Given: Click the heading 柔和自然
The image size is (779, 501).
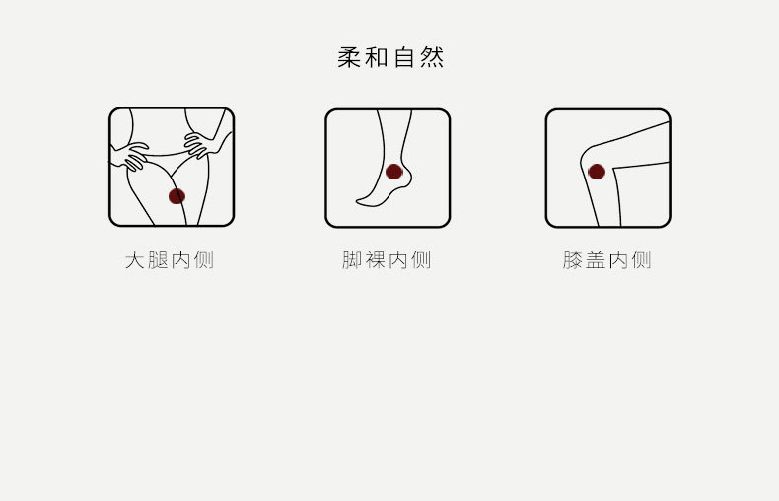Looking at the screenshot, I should [390, 57].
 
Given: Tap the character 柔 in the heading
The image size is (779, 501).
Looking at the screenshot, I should [350, 57].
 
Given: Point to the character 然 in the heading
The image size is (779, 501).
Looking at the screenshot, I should [432, 57].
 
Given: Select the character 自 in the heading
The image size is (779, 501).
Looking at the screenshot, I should [404, 57].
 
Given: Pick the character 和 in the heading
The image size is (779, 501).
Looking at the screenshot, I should [377, 57].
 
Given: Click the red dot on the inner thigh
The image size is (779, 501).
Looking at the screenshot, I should [177, 196].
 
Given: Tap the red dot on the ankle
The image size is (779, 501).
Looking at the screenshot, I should [394, 172].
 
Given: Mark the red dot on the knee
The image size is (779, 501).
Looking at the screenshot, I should [597, 172].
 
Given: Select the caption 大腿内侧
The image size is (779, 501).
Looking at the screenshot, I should [170, 260].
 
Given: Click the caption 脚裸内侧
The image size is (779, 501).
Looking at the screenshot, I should [387, 260].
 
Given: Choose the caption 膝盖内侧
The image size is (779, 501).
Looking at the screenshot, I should [607, 260].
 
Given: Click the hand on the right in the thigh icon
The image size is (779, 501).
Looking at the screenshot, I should [202, 144].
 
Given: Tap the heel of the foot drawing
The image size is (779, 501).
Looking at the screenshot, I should [406, 180].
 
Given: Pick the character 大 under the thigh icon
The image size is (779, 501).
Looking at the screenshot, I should [135, 260].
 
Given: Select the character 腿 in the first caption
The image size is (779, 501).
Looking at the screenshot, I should [158, 260].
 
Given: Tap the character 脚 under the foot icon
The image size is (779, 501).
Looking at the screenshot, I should [353, 260].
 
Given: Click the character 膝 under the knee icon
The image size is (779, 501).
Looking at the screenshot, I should [574, 260].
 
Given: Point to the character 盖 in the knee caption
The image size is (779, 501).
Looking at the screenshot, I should [597, 260].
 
